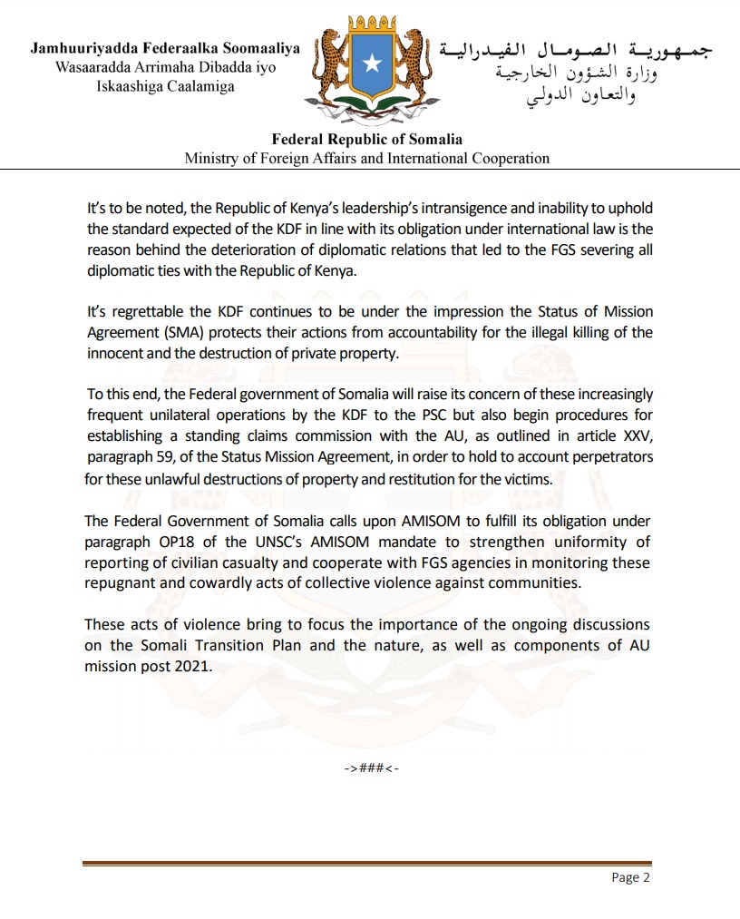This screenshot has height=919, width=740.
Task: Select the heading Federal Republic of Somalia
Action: point(367,140)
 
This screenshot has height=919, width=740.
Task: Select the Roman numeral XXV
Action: point(636,435)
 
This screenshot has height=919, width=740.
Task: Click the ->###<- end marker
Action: point(370,768)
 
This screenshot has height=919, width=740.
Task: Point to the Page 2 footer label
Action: point(631,877)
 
